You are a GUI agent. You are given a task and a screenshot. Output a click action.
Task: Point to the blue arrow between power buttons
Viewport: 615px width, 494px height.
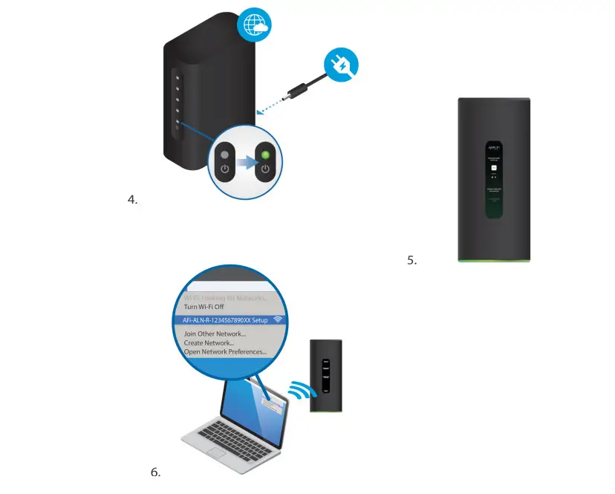click(245, 162)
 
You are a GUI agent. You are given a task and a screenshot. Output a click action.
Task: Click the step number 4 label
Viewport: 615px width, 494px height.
click(133, 199)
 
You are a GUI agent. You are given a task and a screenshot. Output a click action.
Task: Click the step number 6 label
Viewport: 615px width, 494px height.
click(155, 472)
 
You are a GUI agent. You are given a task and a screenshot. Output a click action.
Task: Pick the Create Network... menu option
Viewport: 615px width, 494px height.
click(209, 342)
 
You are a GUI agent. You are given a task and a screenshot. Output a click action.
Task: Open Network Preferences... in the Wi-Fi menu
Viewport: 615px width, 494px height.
click(226, 351)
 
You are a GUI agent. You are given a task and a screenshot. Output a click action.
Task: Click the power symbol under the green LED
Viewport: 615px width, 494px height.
click(266, 169)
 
